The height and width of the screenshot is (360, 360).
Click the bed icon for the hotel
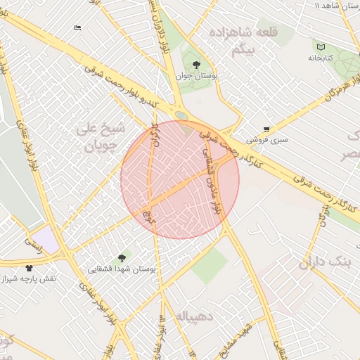(x=77, y=28)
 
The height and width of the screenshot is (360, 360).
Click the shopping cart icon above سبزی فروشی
(x=266, y=129)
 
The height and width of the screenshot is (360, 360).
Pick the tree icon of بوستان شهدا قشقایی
(x=123, y=258)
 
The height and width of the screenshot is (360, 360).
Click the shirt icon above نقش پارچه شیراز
(x=29, y=268)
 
